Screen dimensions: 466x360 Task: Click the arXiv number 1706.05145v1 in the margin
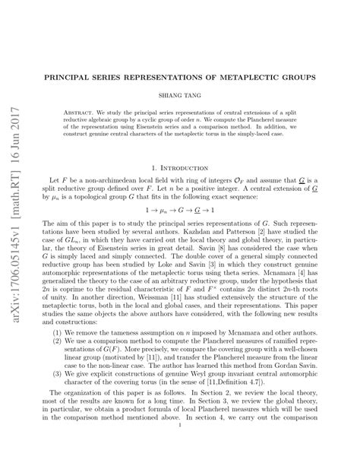[17, 281]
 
